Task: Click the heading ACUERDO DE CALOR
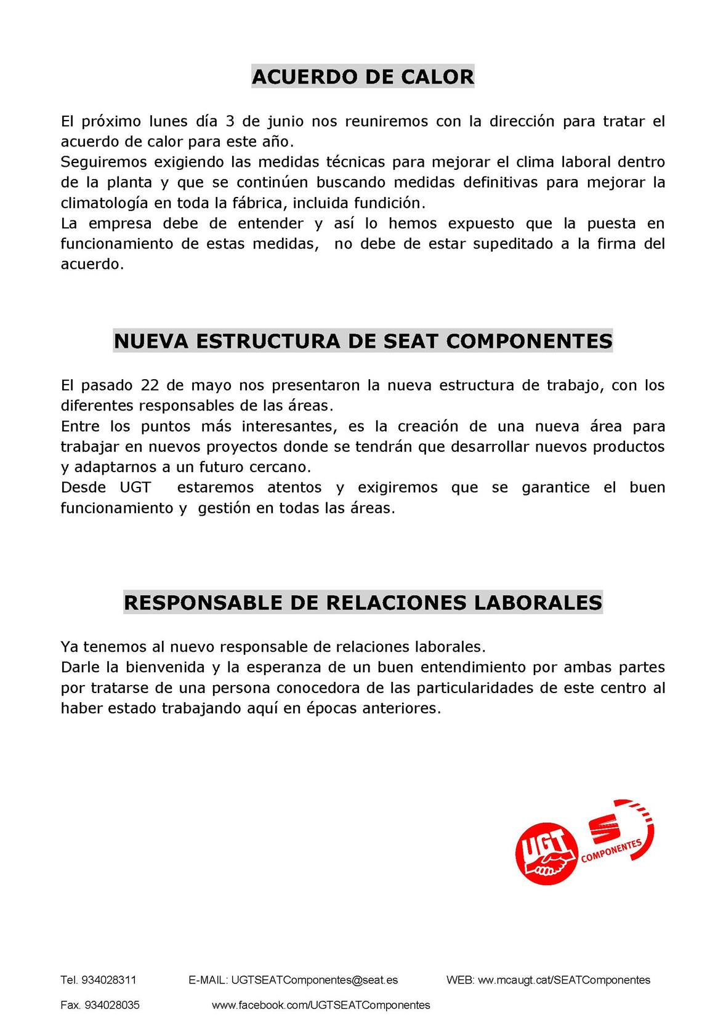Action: point(363,77)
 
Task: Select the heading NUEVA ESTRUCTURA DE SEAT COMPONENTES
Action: point(363,341)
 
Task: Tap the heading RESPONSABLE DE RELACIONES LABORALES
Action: point(363,602)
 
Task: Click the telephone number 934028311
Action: point(109,980)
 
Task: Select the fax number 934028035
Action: point(112,1005)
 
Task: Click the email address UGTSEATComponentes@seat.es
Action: point(314,980)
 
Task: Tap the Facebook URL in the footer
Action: point(321,1005)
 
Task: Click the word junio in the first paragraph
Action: point(285,121)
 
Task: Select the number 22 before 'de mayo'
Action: point(150,385)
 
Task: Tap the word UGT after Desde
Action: point(135,487)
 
